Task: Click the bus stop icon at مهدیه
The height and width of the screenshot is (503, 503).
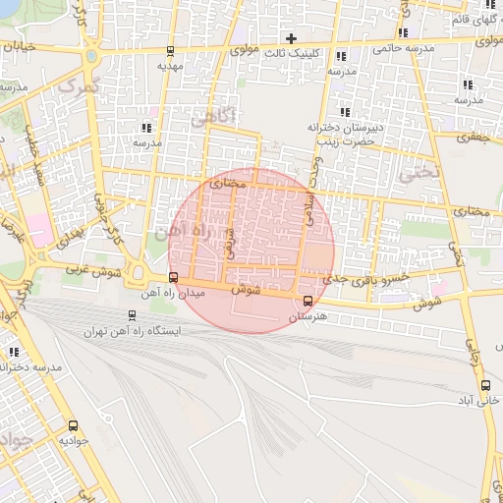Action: click(171, 51)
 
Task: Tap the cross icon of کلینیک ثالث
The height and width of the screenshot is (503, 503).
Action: click(291, 38)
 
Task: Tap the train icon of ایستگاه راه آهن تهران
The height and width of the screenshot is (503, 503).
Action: click(132, 316)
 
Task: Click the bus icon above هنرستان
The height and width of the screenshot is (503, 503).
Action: click(308, 301)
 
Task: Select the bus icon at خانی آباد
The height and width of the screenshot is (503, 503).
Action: click(485, 385)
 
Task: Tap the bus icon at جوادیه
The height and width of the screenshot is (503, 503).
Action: click(73, 425)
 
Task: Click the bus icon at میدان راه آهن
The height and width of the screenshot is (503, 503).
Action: click(174, 277)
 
